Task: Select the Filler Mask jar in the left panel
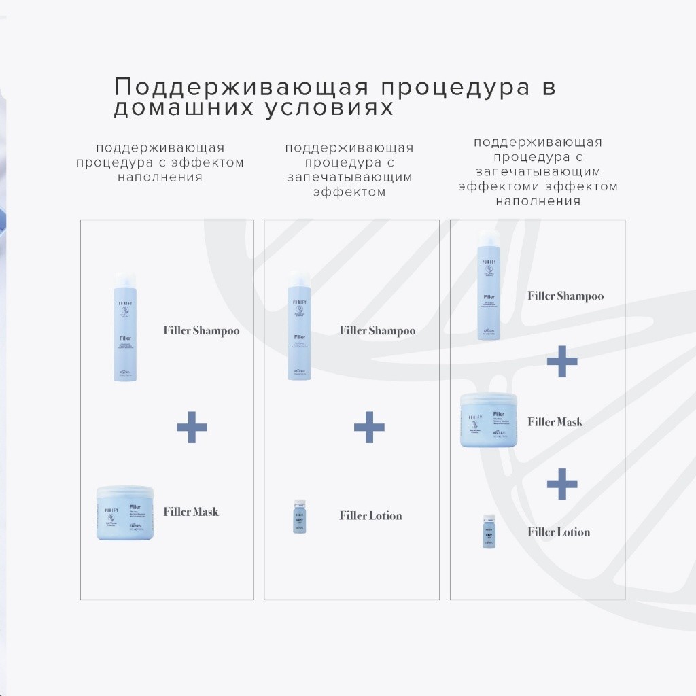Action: point(126,512)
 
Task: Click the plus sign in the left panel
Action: point(192,428)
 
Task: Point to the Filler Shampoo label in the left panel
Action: point(201,331)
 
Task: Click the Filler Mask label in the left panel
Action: point(191,512)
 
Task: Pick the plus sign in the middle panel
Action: point(369,427)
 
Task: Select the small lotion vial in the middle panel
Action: point(300,516)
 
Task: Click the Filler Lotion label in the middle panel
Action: point(370,516)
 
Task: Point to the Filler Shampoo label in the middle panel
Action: point(377,331)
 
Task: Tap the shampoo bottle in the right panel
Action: point(489,285)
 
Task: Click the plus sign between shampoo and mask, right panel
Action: point(562,361)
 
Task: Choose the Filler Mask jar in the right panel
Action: point(489,420)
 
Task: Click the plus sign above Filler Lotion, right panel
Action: point(562,484)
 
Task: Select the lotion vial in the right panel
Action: point(489,531)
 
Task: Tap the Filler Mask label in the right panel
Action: point(555,422)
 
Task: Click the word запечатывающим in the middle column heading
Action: point(349,177)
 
